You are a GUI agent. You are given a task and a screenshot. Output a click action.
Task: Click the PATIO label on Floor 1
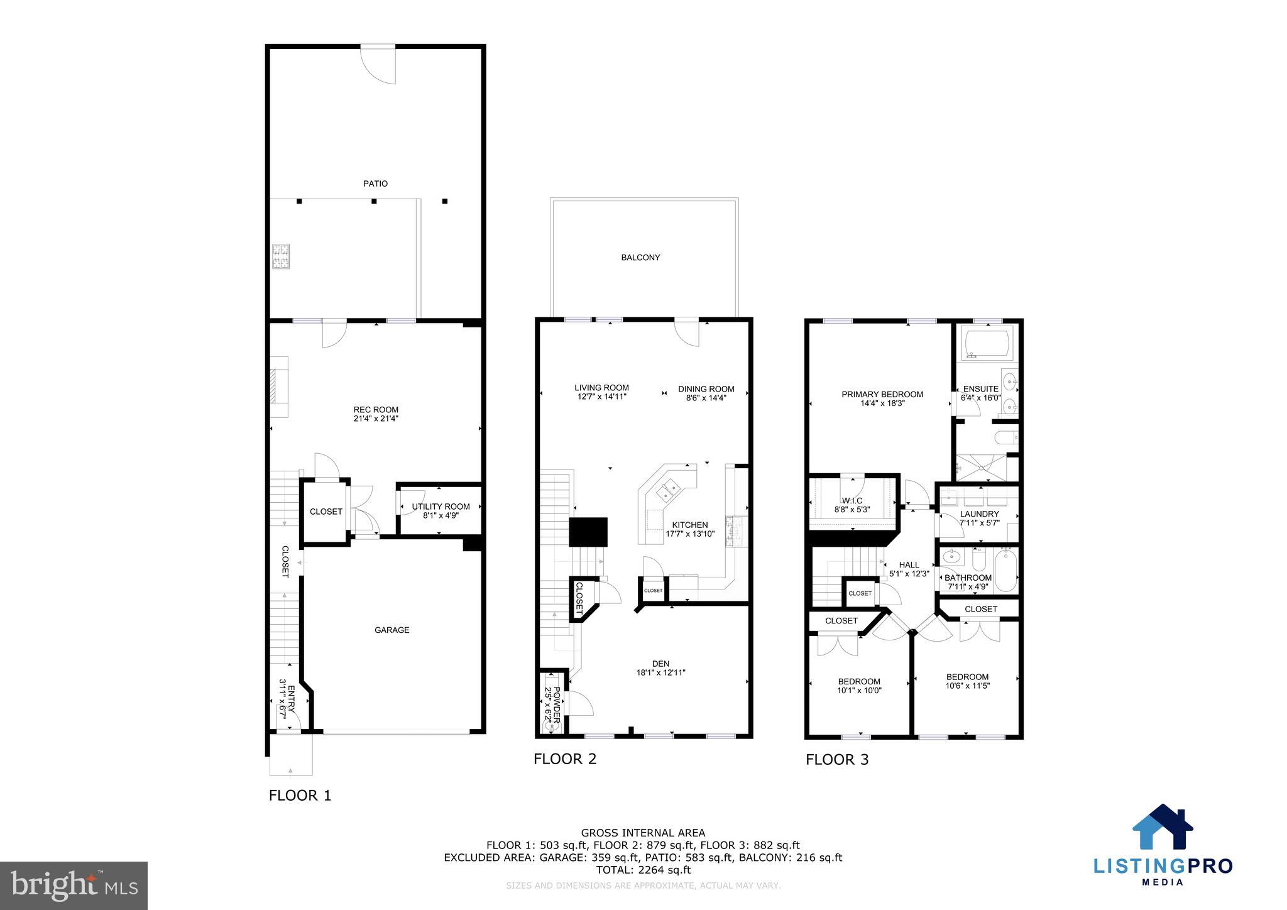click(375, 184)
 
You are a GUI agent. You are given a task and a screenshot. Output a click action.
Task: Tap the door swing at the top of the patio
click(380, 65)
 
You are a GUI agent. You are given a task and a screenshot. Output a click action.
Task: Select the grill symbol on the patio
click(280, 256)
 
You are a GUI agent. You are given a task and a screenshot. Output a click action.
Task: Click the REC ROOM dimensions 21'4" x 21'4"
click(376, 419)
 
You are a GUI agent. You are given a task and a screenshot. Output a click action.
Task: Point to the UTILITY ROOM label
click(441, 507)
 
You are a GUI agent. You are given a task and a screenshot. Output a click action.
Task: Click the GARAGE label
click(392, 630)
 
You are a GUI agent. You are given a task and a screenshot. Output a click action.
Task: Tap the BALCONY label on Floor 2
click(640, 258)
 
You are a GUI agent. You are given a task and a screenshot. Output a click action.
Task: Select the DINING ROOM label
click(706, 389)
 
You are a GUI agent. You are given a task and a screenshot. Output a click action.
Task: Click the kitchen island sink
click(667, 490)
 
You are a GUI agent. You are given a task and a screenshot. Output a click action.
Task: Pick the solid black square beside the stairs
click(588, 532)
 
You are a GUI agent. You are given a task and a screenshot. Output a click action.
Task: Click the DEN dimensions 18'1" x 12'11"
click(660, 672)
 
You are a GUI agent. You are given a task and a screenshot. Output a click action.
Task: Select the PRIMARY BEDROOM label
click(882, 395)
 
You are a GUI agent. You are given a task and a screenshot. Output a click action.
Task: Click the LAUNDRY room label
click(979, 514)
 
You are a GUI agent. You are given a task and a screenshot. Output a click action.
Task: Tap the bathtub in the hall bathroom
click(1005, 570)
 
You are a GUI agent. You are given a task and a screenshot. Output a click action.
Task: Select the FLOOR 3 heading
click(836, 760)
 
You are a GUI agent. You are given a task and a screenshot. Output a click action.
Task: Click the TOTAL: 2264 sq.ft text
click(643, 870)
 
